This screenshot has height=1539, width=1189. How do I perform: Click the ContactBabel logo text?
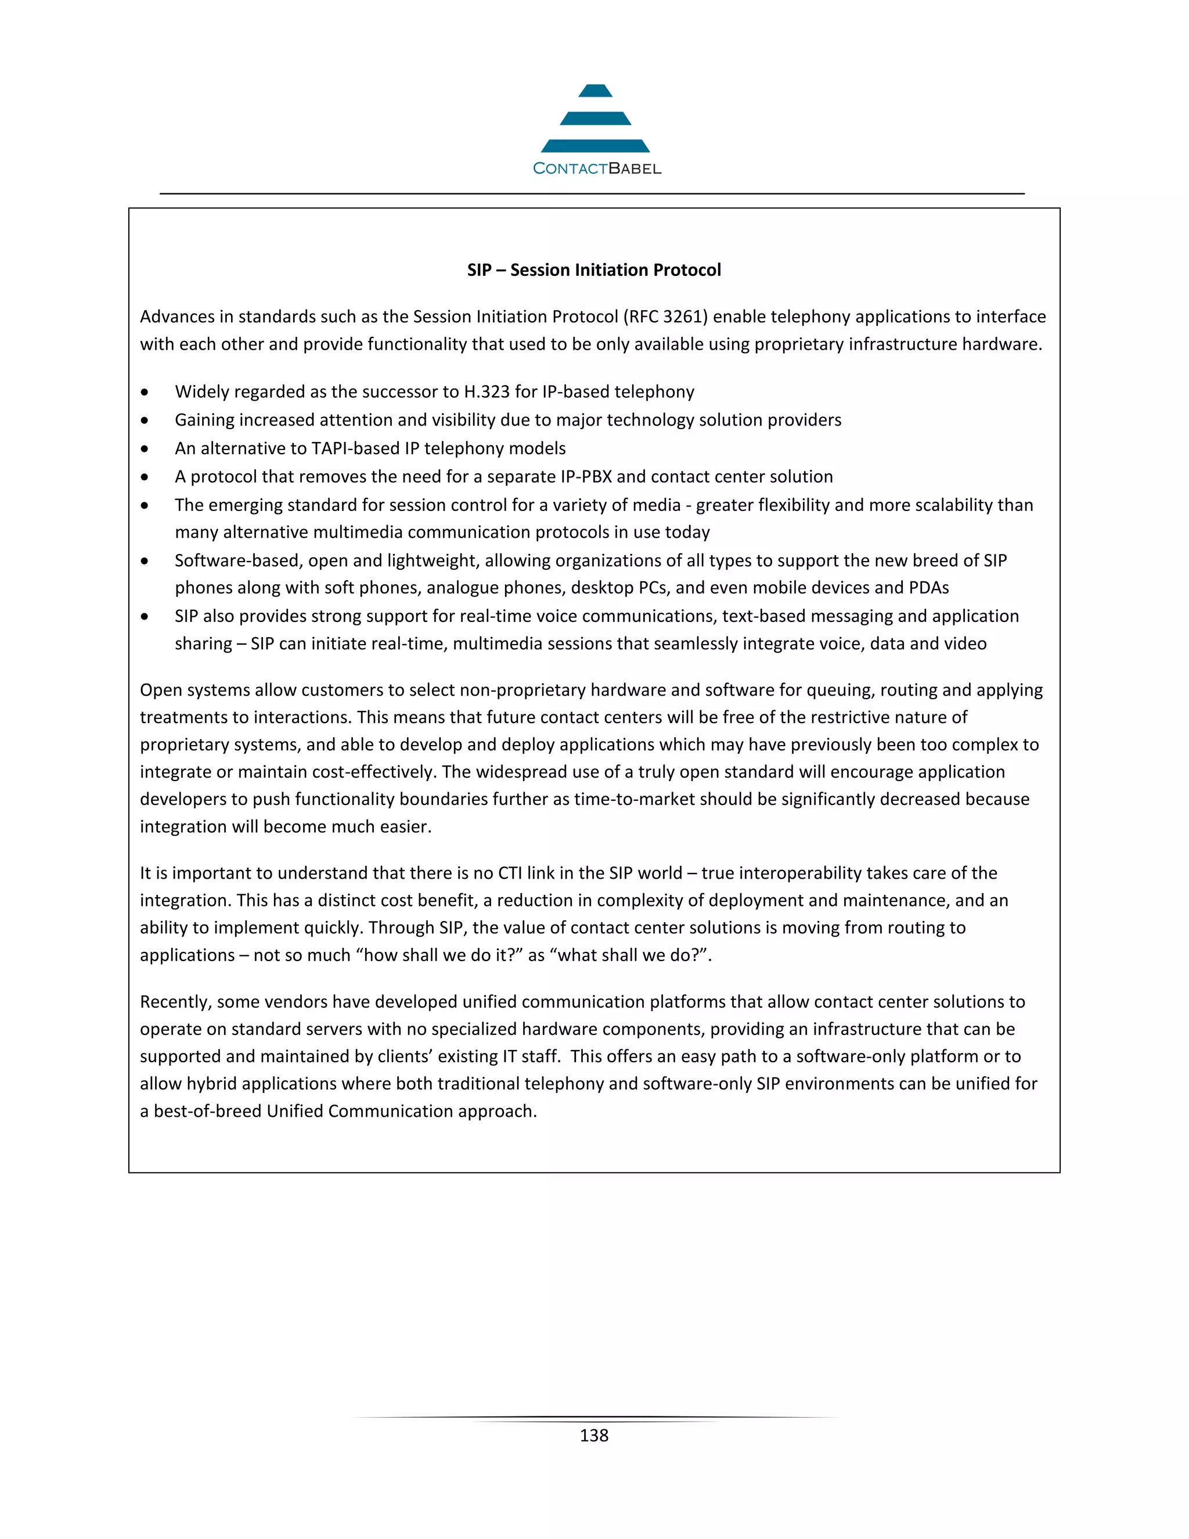pyautogui.click(x=597, y=168)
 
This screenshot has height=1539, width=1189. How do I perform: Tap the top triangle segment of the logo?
pyautogui.click(x=595, y=91)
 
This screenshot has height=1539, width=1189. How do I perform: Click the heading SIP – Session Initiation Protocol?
pyautogui.click(x=594, y=270)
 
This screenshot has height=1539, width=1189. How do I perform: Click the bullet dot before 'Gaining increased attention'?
pyautogui.click(x=145, y=420)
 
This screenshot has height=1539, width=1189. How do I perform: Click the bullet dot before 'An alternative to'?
pyautogui.click(x=145, y=449)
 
